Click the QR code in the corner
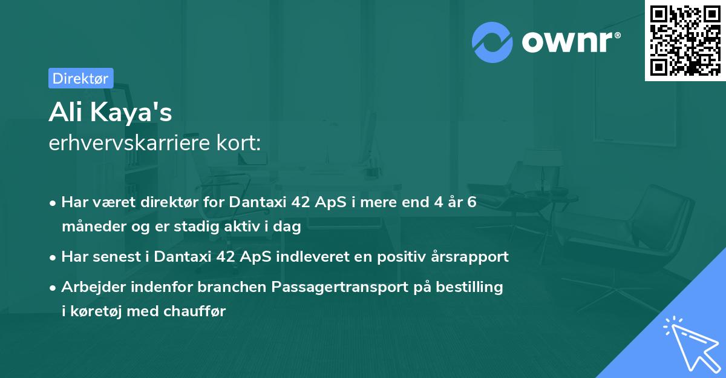click(x=685, y=41)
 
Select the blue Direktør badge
click(x=80, y=78)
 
